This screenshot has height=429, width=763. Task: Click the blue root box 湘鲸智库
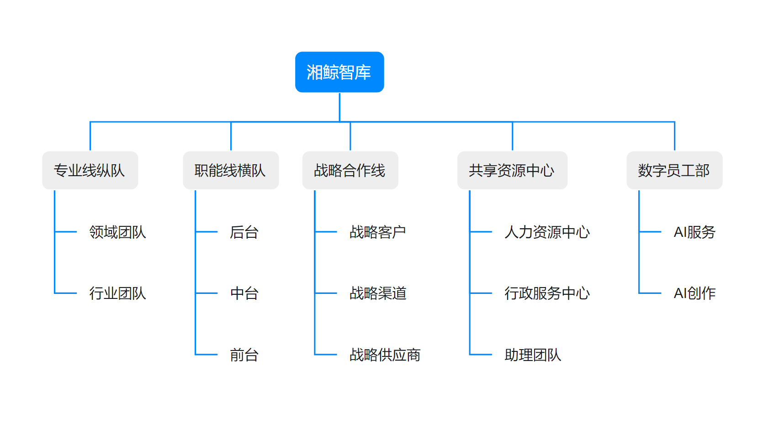339,72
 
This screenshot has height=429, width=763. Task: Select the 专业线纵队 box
90,170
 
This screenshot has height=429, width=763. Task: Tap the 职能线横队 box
231,170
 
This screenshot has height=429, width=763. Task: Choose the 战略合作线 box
350,170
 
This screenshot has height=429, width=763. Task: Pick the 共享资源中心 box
512,170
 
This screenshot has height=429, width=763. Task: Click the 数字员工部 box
674,170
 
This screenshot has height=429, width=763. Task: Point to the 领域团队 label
117,232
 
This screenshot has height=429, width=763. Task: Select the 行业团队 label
117,293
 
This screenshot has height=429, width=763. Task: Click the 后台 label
244,232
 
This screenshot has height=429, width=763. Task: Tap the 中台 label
244,293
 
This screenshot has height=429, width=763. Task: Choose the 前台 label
244,355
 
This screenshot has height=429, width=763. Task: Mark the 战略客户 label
378,232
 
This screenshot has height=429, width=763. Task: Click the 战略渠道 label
378,293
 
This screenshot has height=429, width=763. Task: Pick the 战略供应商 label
385,355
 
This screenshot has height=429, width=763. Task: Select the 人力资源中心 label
547,232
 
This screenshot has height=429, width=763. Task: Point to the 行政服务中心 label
547,293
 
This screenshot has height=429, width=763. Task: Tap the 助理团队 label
533,355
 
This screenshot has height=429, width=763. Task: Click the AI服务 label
694,232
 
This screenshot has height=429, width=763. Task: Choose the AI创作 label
694,293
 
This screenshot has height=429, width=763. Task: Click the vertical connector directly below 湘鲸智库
339,107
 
